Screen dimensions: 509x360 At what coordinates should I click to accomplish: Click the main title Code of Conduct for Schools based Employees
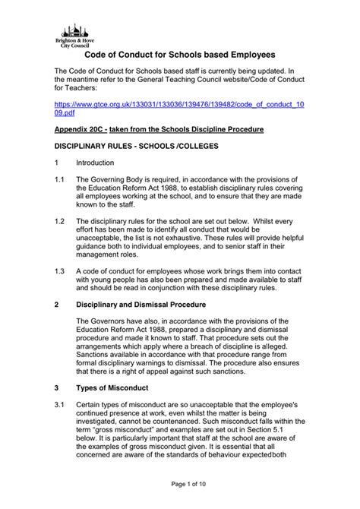point(178,56)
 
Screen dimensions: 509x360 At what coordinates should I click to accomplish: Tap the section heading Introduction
point(94,163)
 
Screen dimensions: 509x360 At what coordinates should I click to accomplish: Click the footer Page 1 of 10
point(179,483)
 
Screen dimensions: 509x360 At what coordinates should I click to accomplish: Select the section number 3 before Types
point(56,387)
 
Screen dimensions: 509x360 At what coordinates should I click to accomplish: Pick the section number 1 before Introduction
point(56,163)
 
